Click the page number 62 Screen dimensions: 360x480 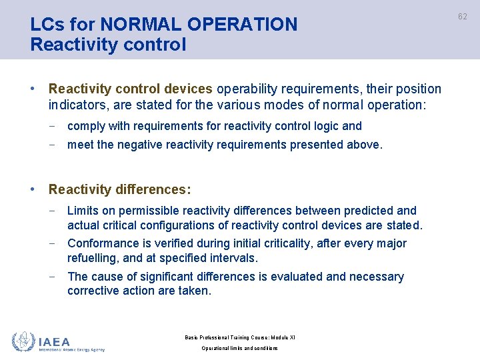click(x=463, y=16)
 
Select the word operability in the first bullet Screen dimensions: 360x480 click(x=249, y=89)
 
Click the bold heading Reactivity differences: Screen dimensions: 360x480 click(x=120, y=190)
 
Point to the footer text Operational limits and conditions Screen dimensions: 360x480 click(x=239, y=348)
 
